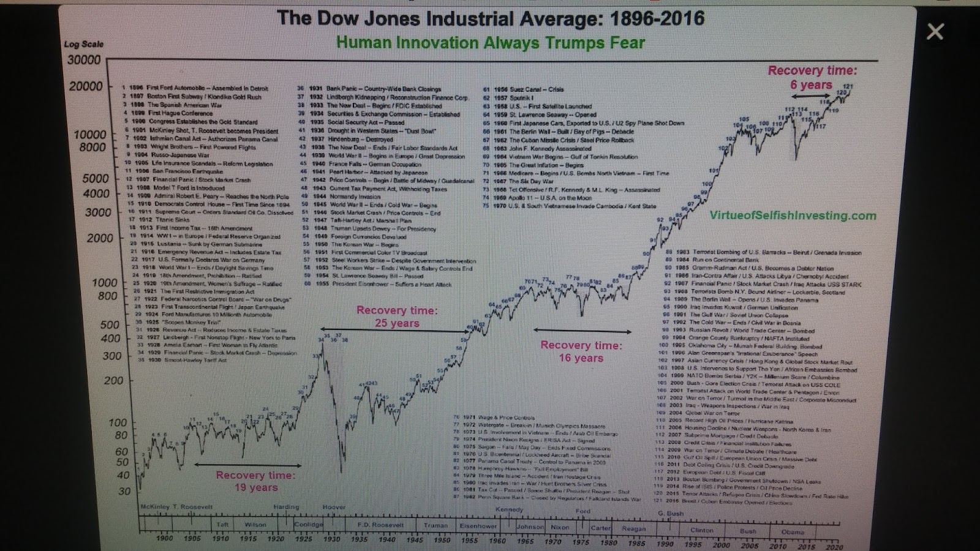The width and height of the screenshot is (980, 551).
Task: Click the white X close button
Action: point(935,31)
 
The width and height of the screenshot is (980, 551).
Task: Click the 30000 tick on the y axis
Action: point(85,60)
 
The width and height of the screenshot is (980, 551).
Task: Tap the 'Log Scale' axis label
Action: point(84,44)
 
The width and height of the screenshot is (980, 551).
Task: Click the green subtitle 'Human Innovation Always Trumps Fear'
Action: point(490,43)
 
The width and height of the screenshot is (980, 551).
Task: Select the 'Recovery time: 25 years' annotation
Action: point(397,317)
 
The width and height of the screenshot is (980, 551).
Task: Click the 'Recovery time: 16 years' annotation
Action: point(581,351)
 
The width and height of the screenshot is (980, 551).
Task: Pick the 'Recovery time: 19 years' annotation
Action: point(255,481)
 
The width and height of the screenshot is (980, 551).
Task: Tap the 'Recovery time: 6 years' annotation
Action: point(812,78)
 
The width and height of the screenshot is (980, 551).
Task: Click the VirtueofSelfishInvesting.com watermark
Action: point(793,216)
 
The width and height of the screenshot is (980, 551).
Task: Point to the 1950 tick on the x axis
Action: point(442,541)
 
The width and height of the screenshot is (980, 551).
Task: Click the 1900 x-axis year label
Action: point(164,539)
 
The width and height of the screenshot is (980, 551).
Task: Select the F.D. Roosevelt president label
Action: point(380,525)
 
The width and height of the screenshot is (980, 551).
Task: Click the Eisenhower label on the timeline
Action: point(478,526)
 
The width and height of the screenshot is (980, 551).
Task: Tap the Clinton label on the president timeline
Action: point(701,530)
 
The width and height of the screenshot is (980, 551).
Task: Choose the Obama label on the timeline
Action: point(793,532)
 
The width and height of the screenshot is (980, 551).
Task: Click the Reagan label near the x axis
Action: point(633,528)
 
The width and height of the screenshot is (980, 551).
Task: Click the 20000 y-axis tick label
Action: point(86,86)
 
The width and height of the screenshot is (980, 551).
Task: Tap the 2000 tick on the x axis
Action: point(721,545)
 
